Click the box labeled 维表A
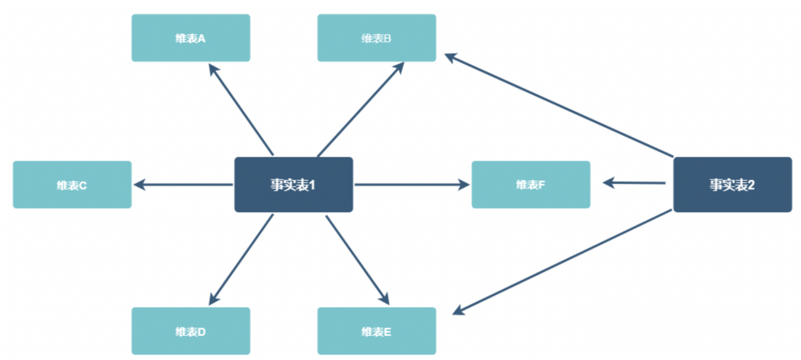click(191, 38)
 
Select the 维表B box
click(376, 38)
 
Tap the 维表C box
click(72, 184)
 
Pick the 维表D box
click(191, 331)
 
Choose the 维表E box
click(376, 331)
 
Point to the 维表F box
click(531, 184)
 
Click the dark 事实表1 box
click(293, 184)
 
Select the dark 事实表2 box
click(732, 184)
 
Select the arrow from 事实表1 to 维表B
click(360, 109)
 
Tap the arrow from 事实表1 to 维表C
click(183, 184)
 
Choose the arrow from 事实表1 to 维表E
click(357, 260)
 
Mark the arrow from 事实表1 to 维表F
click(411, 184)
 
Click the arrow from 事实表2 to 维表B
click(559, 105)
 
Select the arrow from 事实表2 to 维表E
click(562, 261)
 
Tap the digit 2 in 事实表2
click(751, 185)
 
